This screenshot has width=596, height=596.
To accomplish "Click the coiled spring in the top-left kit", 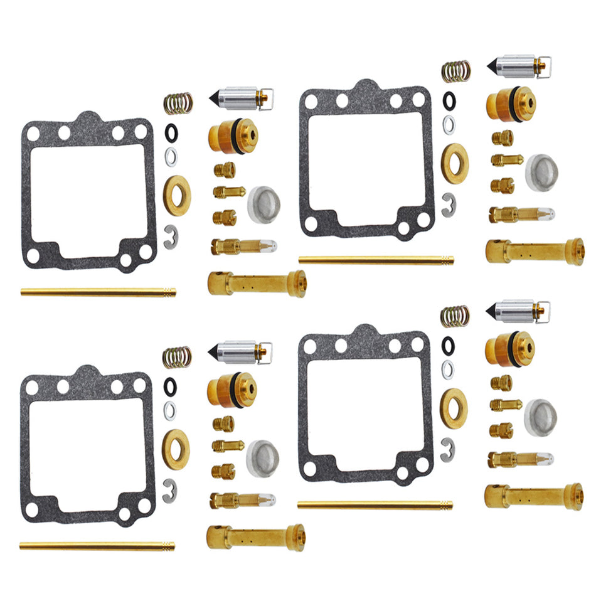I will tap(178, 103).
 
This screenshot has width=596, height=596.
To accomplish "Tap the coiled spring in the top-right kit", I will tap(456, 71).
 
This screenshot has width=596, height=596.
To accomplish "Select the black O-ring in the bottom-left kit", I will tap(169, 384).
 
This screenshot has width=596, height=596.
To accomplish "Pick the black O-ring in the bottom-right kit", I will tap(447, 344).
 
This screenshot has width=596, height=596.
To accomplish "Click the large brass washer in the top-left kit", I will tap(176, 195).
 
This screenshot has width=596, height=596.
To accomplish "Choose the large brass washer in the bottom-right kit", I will tap(454, 408).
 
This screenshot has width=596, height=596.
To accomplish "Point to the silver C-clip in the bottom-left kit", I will tap(170, 490).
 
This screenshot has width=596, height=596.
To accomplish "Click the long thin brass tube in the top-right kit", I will tap(376, 260).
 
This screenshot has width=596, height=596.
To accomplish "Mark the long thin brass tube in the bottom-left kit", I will tap(97, 546).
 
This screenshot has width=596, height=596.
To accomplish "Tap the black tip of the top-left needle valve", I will tap(215, 98).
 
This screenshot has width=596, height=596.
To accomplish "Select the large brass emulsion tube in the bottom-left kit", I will tap(255, 537).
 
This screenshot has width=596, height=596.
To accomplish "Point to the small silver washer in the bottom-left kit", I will tap(169, 410).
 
